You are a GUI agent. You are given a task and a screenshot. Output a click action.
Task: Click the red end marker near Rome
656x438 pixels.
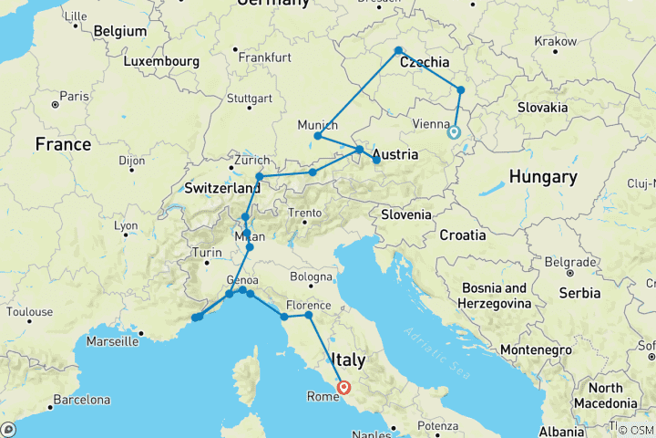point(344,387)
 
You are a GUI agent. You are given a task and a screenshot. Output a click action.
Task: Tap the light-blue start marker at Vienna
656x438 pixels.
point(453,131)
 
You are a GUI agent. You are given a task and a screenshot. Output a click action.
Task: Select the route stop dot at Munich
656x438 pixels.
point(317,136)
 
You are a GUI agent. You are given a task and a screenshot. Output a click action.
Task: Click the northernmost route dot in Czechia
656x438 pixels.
point(399,50)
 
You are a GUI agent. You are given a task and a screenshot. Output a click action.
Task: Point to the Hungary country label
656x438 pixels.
point(543,176)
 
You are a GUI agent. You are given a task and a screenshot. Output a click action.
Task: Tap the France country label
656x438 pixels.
point(63,144)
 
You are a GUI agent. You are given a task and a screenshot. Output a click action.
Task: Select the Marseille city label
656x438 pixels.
point(113,342)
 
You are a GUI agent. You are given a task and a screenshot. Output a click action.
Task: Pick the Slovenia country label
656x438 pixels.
point(406,215)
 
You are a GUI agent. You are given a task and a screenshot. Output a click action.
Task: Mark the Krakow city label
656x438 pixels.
point(556,41)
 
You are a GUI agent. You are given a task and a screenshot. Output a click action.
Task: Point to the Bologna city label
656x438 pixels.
point(313,276)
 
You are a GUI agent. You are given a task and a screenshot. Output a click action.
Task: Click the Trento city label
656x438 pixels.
point(305,213)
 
